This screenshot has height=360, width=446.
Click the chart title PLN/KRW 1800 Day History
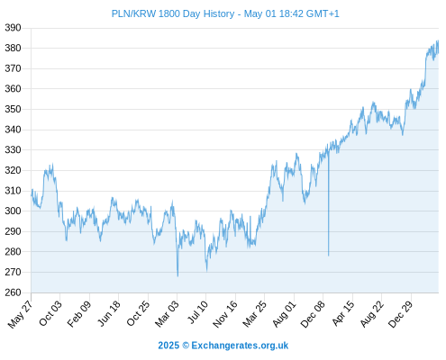click(173, 13)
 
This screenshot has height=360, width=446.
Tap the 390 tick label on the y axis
click(13, 28)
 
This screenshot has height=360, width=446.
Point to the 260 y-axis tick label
click(13, 292)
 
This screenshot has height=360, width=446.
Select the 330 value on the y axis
click(13, 149)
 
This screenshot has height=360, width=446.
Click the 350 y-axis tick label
click(13, 109)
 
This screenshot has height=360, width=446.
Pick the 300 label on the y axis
click(13, 211)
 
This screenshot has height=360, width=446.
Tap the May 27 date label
click(21, 314)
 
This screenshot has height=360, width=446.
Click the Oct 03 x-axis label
click(50, 313)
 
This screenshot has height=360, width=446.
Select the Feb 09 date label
click(79, 314)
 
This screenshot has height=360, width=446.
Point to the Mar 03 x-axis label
click(167, 314)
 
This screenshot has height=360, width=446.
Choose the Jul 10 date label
click(197, 312)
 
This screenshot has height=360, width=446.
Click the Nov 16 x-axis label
click(225, 314)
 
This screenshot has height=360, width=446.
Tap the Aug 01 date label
click(284, 314)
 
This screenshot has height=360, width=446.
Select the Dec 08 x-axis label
click(313, 314)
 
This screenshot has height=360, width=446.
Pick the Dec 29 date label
click(401, 314)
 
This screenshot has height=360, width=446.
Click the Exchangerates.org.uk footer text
click(240, 346)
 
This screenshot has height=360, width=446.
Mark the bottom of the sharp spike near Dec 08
click(329, 256)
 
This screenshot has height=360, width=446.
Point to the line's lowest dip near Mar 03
click(177, 276)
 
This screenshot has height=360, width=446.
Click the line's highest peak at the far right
click(438, 40)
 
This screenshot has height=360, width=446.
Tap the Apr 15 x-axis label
click(343, 314)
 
